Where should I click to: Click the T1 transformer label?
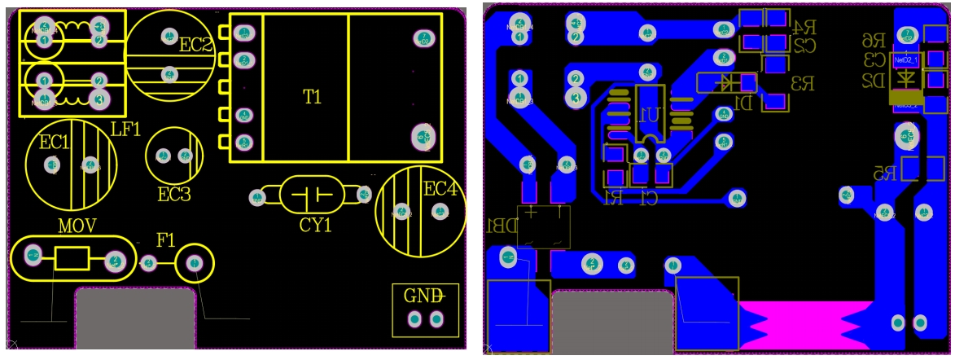312,97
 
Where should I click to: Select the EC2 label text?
195,46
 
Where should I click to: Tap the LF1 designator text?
126,129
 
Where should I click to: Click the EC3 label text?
174,195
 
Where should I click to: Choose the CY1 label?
316,225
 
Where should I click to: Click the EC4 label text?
440,190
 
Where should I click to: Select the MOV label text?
77,225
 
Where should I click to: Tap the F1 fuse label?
165,240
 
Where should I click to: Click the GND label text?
423,295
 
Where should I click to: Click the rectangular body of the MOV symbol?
72,260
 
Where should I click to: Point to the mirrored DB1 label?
501,225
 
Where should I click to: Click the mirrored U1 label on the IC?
649,115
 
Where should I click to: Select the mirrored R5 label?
884,173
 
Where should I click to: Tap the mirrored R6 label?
874,41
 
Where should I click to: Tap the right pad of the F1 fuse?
195,262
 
